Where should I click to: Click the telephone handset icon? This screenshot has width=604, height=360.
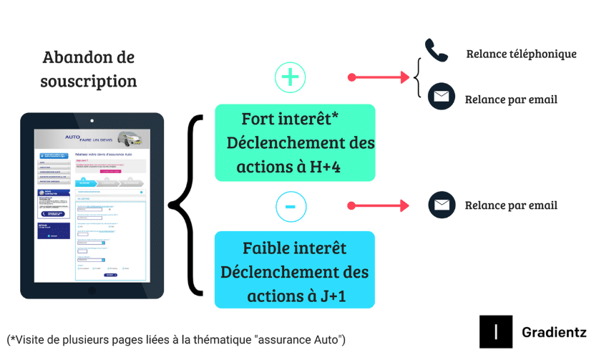pos(436,49)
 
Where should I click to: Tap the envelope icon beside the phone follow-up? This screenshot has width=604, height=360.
pos(441,96)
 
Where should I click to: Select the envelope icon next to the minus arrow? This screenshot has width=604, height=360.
pos(442,205)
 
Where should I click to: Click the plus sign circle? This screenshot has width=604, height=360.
pos(290,77)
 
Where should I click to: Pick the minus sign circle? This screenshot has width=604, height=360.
pos(290,206)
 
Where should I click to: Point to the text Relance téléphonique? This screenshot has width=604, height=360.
pos(521,54)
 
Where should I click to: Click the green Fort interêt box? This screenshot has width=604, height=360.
pos(295,142)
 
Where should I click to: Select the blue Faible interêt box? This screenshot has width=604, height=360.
pos(295,271)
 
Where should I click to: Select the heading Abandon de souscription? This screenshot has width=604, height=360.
pos(88,69)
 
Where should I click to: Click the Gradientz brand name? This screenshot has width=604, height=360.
pos(554,332)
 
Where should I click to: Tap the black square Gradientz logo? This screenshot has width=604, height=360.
pos(496,332)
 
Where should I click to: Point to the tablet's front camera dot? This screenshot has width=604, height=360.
pos(92,120)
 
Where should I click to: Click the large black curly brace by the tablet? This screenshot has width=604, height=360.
pos(184,205)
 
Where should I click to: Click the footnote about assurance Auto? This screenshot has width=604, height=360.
pos(177,338)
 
